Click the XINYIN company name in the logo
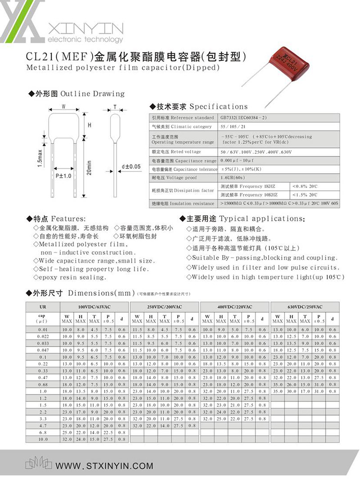85,29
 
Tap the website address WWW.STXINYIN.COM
104,466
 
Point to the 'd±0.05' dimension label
131,167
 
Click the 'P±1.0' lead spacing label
64,176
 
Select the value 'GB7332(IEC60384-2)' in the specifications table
244,118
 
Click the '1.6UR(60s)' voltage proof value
233,178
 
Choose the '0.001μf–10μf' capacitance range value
238,161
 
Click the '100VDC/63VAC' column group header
94,307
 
